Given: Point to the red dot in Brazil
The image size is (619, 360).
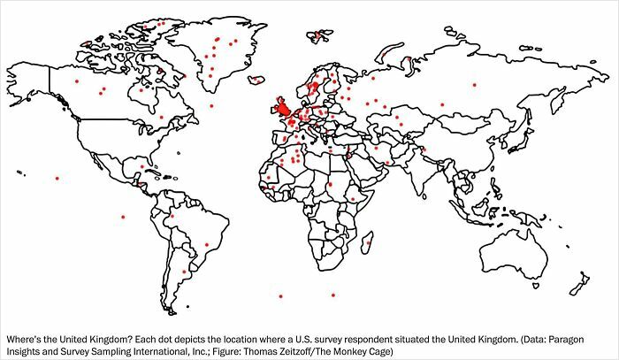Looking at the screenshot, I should [206, 245].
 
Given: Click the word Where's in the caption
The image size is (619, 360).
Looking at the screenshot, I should [25, 339].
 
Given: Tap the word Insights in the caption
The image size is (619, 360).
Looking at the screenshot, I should [24, 351].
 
